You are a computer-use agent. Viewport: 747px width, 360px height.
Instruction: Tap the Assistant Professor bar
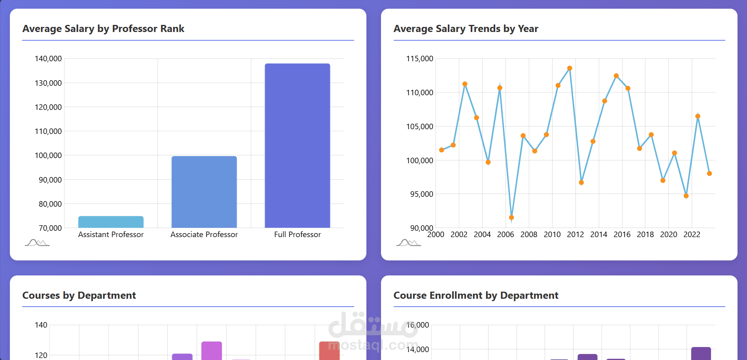coord(111,222)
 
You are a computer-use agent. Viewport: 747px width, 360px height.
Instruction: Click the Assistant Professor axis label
coord(111,234)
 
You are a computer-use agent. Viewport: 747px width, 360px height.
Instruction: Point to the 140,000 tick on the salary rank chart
coord(48,58)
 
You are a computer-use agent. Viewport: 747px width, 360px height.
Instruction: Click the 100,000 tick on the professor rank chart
coord(48,155)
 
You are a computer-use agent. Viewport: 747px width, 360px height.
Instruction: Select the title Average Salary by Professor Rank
coord(103,29)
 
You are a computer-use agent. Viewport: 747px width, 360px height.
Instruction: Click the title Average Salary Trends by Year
coord(466,29)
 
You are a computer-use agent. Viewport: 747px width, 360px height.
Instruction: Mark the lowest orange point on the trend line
coord(511,217)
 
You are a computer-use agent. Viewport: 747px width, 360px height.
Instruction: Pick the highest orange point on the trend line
coord(570,68)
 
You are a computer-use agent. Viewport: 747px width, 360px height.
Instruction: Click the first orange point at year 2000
coord(441,150)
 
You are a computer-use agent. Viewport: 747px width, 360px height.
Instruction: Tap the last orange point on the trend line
coord(709,173)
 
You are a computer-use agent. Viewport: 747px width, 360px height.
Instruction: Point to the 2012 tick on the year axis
coord(575,234)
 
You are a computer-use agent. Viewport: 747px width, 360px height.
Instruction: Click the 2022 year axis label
coord(692,234)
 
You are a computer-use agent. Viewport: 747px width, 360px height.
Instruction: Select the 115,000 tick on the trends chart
coord(420,58)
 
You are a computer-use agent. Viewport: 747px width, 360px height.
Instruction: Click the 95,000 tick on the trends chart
coord(422,194)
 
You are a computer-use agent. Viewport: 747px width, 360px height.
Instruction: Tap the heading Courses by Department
coord(79,296)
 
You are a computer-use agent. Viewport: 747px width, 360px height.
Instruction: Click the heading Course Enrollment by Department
coord(476,296)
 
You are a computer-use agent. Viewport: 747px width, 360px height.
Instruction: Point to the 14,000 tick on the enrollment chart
coord(417,349)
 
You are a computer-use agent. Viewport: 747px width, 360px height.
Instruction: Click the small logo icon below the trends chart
coord(408,242)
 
